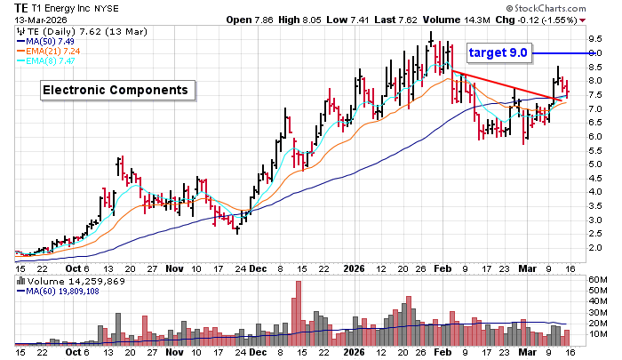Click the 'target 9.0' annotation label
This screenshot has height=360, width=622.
(499, 52)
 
